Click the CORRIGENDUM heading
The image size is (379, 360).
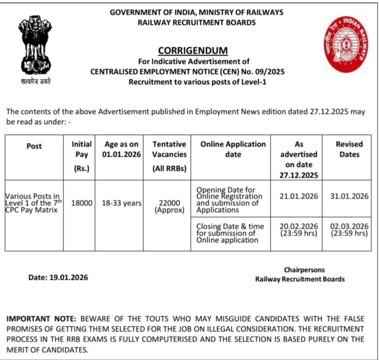point(193,51)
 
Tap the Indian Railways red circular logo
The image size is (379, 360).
point(346,45)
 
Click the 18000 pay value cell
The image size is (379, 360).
point(82,202)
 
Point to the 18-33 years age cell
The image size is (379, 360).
point(122,202)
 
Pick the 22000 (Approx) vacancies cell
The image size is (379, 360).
point(170,206)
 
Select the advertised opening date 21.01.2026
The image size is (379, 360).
point(299,196)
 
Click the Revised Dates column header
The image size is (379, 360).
point(349,149)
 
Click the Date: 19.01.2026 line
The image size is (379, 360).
point(58,277)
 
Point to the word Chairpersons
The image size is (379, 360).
point(304,270)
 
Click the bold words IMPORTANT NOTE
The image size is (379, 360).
point(41,319)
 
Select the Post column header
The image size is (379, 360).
point(34,146)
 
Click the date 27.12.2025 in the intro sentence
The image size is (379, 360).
point(332,111)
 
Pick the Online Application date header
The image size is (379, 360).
point(233,149)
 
